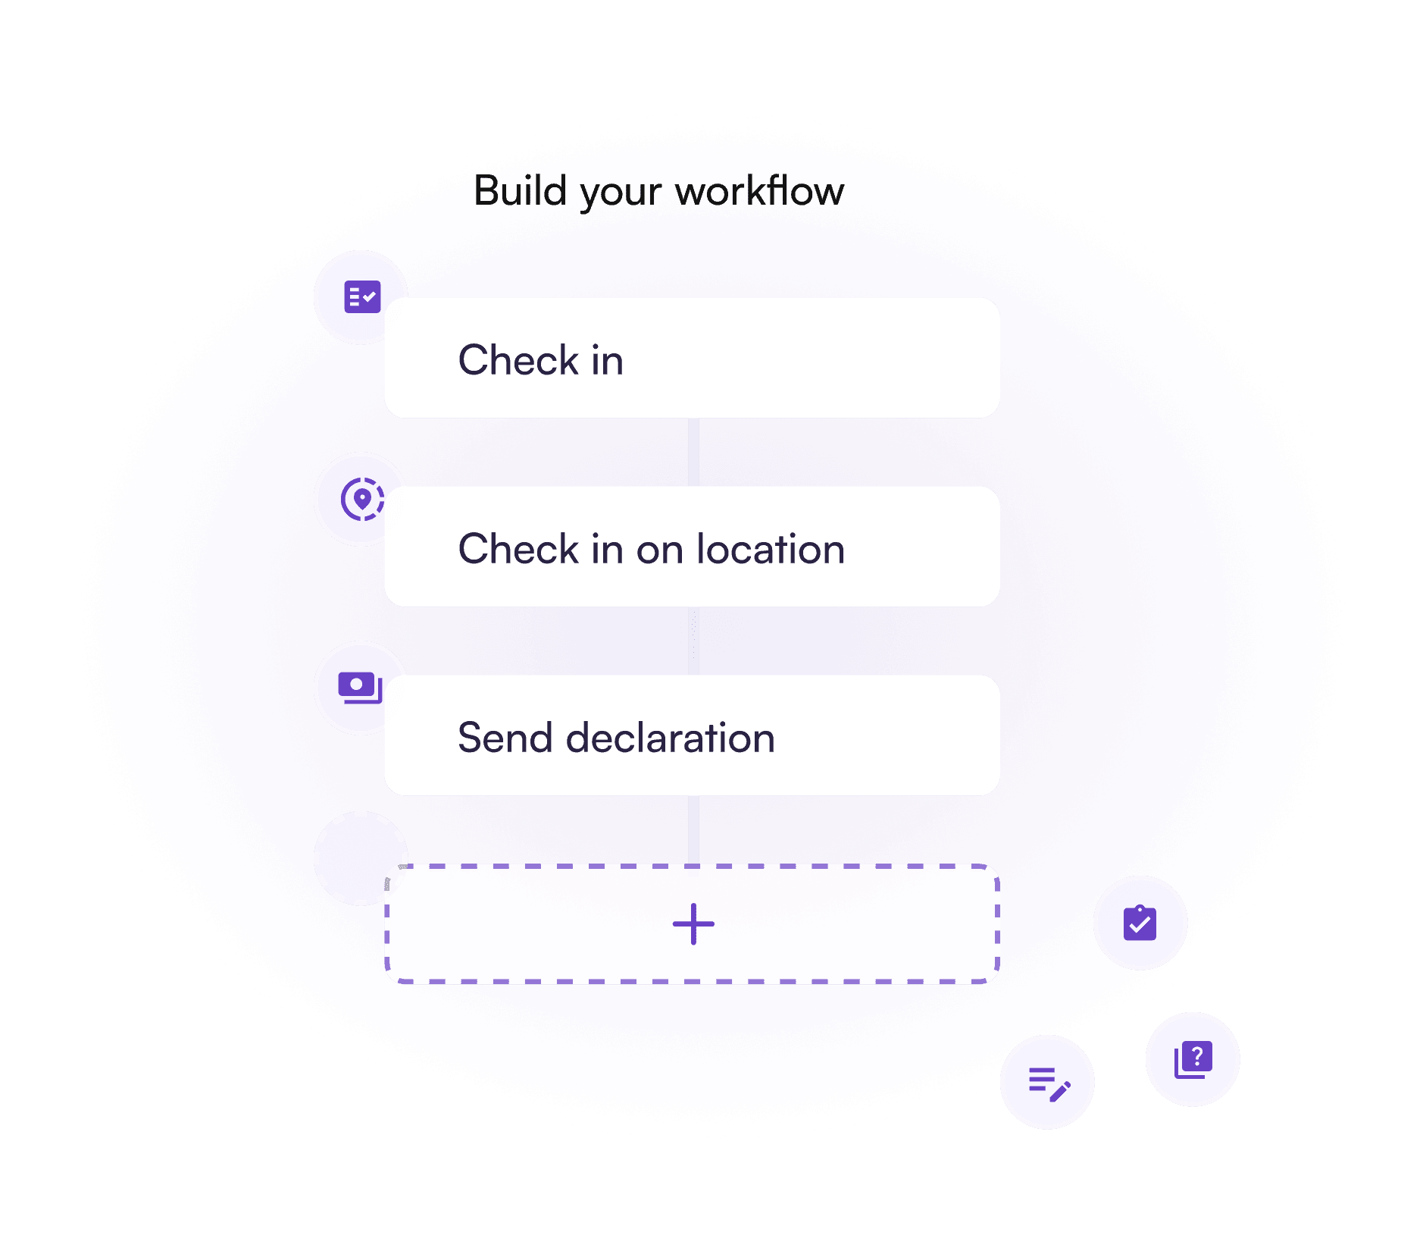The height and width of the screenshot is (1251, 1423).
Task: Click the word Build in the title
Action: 520,190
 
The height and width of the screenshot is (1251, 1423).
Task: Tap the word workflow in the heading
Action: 759,190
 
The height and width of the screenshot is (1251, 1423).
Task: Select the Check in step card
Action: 691,358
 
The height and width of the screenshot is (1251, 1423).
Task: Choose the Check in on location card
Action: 691,547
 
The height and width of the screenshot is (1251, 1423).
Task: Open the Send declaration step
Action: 691,735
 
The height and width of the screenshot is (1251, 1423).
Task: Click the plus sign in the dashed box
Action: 693,924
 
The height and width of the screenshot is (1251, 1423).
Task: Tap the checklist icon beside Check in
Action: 362,296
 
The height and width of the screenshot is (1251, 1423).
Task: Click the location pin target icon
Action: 362,499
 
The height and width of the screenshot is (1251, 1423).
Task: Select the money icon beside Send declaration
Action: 359,688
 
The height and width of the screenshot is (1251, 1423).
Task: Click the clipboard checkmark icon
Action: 1140,923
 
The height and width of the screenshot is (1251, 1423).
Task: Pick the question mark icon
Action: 1193,1059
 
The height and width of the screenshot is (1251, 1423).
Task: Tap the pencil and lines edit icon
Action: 1048,1083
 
